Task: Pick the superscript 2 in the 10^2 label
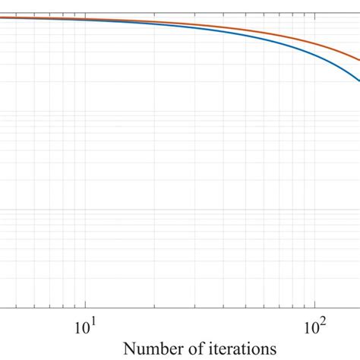[321, 323]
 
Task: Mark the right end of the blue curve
[358, 81]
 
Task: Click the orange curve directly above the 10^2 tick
[311, 41]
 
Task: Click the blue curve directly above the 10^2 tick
[311, 52]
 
